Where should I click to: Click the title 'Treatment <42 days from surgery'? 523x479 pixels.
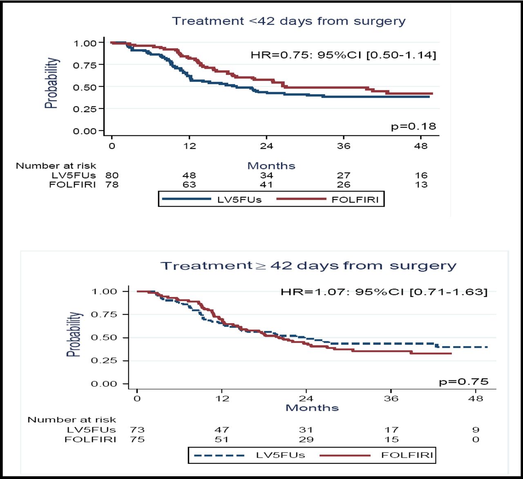click(288, 21)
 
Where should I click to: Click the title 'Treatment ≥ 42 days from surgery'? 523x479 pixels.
click(308, 266)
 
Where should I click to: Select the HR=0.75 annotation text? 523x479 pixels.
click(343, 55)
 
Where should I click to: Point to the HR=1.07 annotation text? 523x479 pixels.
click(384, 292)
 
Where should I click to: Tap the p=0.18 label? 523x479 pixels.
click(413, 126)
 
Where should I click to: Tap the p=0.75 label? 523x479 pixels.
click(463, 382)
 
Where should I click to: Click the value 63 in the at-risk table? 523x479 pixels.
click(189, 184)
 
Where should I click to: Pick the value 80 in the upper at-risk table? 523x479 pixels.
click(112, 175)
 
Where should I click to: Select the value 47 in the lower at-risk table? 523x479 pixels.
click(222, 430)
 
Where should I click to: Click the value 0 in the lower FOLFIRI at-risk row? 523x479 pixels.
click(476, 440)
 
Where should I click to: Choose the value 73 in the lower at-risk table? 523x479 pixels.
click(137, 430)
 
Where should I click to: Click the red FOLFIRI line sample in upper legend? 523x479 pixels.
click(301, 199)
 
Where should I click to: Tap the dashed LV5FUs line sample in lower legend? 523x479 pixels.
click(219, 455)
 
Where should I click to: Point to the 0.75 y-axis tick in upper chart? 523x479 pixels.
click(85, 65)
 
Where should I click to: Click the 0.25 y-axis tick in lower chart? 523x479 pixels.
click(104, 361)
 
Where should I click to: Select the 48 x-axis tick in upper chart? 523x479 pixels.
click(420, 146)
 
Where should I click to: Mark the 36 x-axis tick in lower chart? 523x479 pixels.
click(391, 398)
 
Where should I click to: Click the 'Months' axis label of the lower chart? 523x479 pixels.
click(312, 408)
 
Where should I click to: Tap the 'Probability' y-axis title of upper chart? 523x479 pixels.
click(51, 83)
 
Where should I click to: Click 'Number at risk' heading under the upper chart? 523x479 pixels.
click(56, 166)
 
